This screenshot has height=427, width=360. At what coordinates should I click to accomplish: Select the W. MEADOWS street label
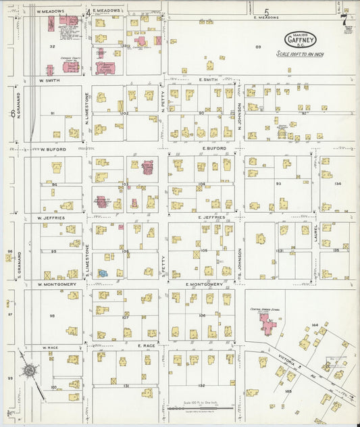point(50,11)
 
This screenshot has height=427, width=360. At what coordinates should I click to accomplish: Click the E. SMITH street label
point(209,80)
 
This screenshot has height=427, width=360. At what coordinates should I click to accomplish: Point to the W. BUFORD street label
point(51,149)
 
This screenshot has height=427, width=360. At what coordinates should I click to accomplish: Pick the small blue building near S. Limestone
point(103,273)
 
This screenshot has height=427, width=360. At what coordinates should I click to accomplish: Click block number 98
point(51,316)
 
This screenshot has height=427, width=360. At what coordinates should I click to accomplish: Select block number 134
point(338,182)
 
